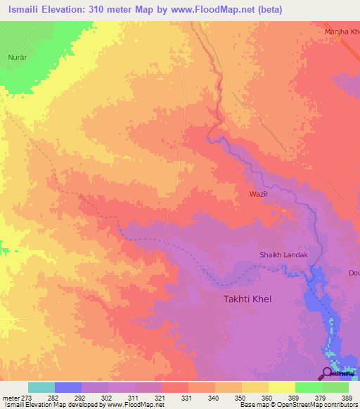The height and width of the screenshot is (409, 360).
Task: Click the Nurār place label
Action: tap(17, 56)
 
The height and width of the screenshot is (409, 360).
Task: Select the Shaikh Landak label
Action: tap(284, 255)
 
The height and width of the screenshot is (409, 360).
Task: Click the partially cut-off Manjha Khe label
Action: tap(342, 32)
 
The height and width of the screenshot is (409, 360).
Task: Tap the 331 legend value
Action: tap(187, 397)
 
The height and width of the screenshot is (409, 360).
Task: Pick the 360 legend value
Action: tap(266, 397)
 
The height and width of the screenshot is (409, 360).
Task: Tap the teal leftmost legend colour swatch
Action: tap(41, 387)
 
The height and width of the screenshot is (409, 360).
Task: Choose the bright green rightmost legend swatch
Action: tap(335, 387)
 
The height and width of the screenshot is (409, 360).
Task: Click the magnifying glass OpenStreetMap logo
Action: tap(327, 373)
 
